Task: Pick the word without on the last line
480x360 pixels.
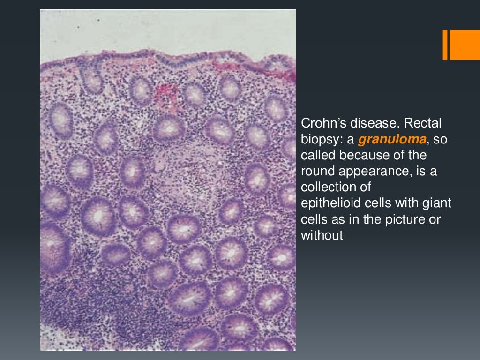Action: tap(322, 235)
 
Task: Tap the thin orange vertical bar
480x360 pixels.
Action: tap(445, 45)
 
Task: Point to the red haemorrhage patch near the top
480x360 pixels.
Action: tap(164, 93)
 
